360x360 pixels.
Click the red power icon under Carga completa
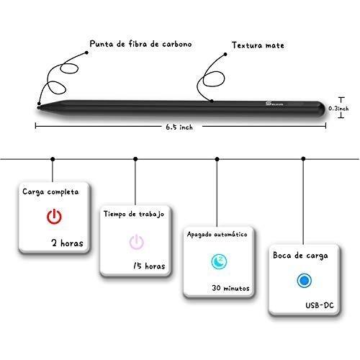54,216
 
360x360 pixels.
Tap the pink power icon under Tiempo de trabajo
137,241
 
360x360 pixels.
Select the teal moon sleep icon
219,261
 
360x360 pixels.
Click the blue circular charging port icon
304,280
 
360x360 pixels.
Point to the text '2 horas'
67,243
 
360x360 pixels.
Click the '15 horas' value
149,266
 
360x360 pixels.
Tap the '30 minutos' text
230,288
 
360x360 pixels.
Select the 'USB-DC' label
320,305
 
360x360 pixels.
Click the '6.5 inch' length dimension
179,127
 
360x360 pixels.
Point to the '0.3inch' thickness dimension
338,109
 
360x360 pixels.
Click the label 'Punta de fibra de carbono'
140,44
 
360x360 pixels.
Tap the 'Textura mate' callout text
258,45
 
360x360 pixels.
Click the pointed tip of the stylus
38,108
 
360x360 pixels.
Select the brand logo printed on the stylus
274,104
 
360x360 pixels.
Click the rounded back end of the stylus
323,109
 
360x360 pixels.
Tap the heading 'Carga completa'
50,192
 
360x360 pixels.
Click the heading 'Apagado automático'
217,234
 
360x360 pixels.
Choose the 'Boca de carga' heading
300,256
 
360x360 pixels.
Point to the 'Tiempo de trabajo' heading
134,214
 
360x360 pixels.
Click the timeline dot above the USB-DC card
303,158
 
